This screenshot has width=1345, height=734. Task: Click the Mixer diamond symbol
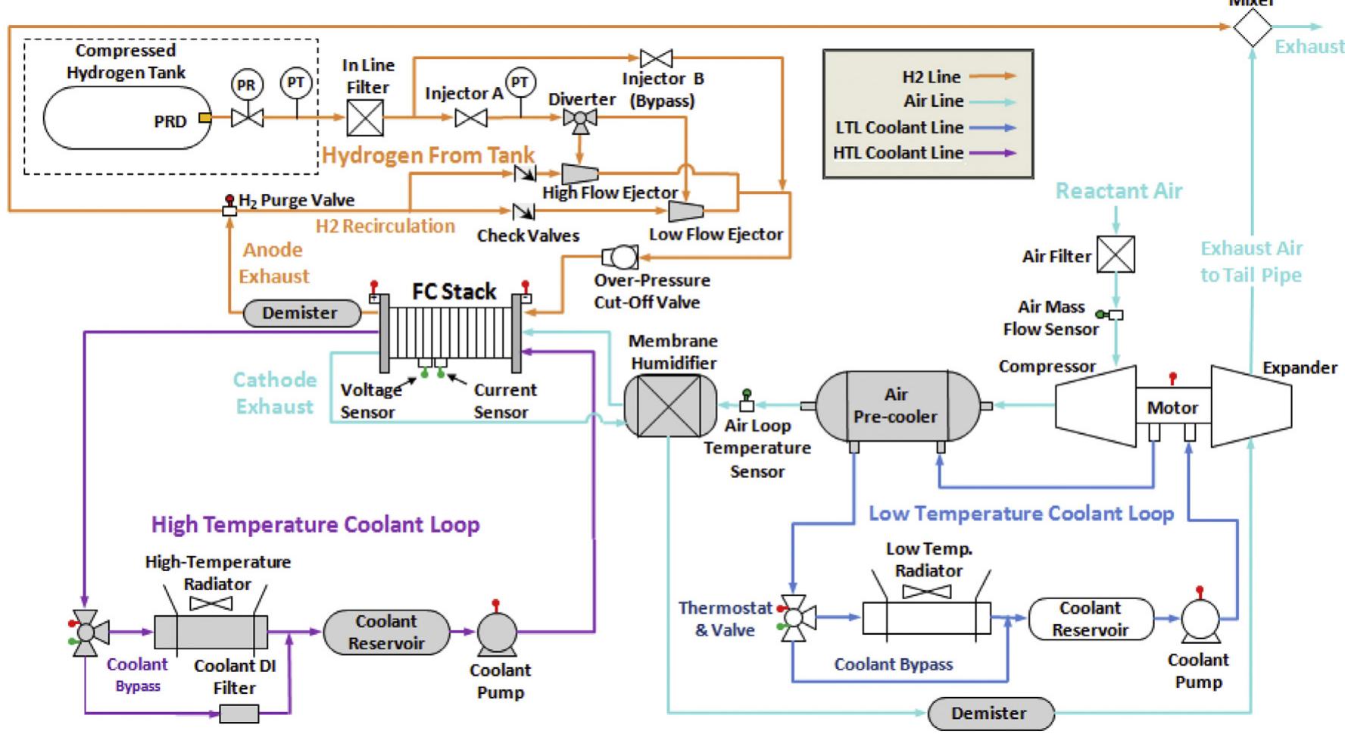point(1252,28)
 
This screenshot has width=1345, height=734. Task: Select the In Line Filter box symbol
point(365,118)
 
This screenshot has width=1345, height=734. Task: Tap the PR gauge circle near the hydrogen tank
point(246,86)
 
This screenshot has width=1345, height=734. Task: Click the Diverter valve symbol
point(580,118)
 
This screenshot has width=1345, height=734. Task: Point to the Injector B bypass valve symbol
point(656,58)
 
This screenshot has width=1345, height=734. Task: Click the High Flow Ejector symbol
point(580,173)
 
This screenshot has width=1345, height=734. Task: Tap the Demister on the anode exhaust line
point(301,313)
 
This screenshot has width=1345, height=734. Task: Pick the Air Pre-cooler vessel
point(896,406)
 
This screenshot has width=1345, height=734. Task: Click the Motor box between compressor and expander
point(1172,408)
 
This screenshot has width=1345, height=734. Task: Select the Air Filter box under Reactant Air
point(1116,255)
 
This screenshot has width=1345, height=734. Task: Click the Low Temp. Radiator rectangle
point(926,618)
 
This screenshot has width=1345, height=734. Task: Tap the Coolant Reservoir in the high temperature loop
point(386,632)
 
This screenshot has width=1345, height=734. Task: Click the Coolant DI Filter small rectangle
point(239,713)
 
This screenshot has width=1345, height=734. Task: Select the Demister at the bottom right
point(990,713)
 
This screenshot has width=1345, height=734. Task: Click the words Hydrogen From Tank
point(429,155)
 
